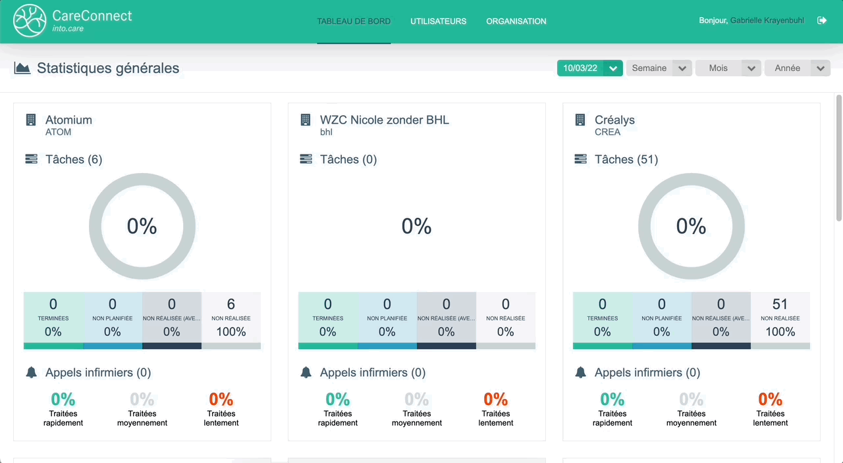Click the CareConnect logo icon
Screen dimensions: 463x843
(x=30, y=20)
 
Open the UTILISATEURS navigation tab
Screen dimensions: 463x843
(x=438, y=21)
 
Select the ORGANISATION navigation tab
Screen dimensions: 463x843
(x=516, y=21)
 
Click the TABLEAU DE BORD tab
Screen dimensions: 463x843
(x=354, y=21)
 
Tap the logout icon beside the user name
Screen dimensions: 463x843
(x=822, y=20)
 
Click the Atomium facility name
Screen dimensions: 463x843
(x=68, y=120)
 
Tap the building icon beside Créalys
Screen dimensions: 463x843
(x=580, y=120)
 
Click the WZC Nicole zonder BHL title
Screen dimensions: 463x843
(x=385, y=120)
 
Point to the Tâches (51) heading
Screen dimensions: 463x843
(x=626, y=159)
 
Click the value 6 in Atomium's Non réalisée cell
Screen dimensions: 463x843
(x=231, y=304)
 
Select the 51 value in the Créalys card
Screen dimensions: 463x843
(x=780, y=304)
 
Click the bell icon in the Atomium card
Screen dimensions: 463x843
(x=31, y=372)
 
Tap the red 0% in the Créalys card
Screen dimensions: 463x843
(x=770, y=399)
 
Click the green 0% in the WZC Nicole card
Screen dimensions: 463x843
(x=338, y=399)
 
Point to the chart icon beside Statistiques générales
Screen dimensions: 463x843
(x=22, y=68)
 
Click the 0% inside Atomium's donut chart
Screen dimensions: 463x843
(x=142, y=226)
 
